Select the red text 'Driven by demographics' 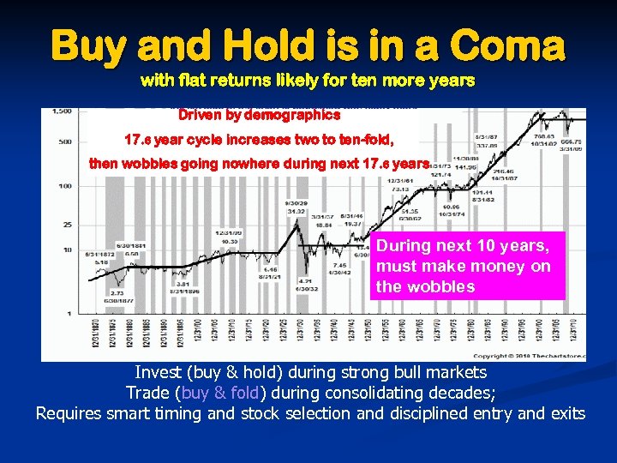(x=259, y=114)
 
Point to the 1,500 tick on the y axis (x=61, y=111)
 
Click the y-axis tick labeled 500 (x=64, y=142)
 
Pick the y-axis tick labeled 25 (x=66, y=225)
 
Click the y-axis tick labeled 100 (x=64, y=184)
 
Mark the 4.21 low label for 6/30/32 (x=305, y=280)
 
